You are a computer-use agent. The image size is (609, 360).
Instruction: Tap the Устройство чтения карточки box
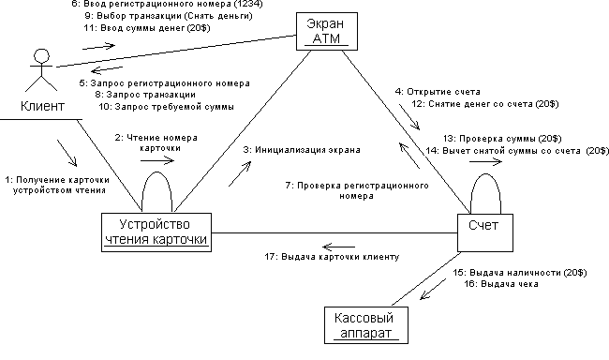pos(156,232)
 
